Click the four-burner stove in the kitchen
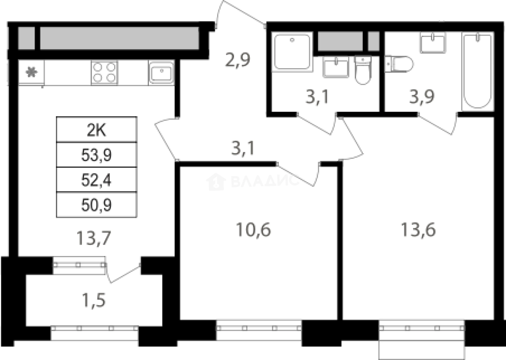tap(104, 73)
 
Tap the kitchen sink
tap(161, 73)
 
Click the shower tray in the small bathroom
tap(293, 51)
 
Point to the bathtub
tap(478, 71)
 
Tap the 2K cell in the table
tap(96, 130)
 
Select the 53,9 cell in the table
tap(96, 155)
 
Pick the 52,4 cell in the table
tap(96, 180)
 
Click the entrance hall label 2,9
tap(238, 60)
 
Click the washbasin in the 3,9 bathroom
tap(433, 43)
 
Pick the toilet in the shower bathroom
tap(363, 70)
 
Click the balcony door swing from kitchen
tap(123, 273)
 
